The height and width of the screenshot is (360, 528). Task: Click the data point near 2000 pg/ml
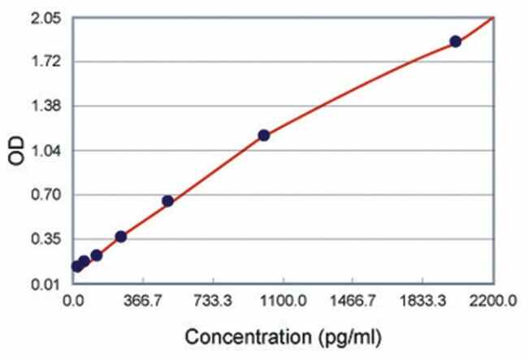tap(455, 41)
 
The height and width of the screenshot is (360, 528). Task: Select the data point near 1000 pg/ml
tap(263, 135)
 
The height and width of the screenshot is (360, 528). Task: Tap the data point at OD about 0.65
tap(167, 201)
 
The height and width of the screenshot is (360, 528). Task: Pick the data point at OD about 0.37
tap(121, 236)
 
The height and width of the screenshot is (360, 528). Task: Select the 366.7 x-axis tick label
tap(144, 301)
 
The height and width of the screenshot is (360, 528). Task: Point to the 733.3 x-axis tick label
tap(214, 301)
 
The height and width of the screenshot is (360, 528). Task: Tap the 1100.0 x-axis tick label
tap(283, 301)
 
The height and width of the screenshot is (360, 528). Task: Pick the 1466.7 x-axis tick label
tap(353, 301)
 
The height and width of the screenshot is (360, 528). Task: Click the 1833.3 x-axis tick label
tap(422, 301)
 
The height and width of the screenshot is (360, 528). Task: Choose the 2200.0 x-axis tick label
tap(492, 301)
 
